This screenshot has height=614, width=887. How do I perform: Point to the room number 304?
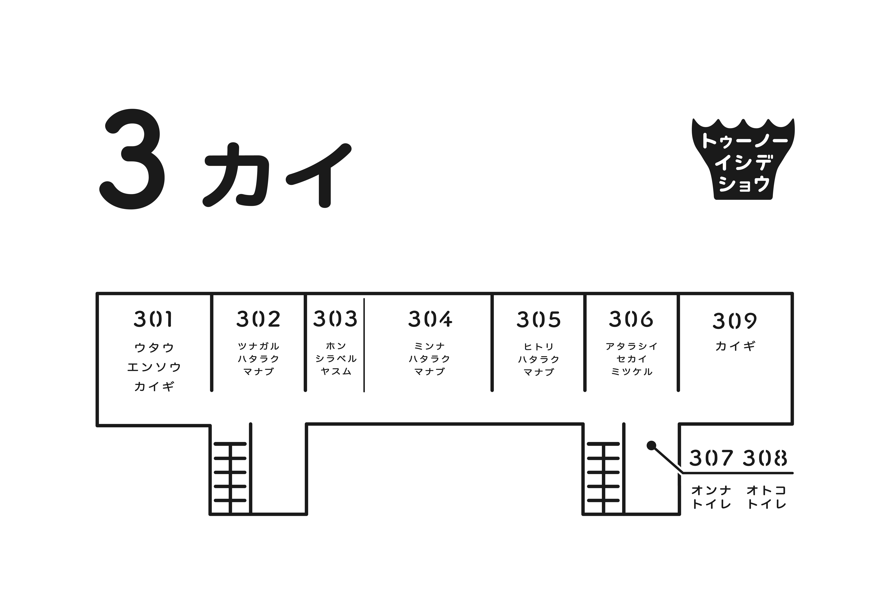point(430,319)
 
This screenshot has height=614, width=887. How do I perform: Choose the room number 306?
point(631,319)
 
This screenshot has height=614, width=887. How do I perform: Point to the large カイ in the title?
point(277,175)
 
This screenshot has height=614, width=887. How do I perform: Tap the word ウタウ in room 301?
point(154,348)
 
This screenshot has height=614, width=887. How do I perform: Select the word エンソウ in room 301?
point(154,367)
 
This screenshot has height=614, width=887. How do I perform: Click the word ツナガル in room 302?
point(258,346)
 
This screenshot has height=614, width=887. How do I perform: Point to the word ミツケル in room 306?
point(632,372)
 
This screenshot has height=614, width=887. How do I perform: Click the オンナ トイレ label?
point(711,497)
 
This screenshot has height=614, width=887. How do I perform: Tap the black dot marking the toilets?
point(651,446)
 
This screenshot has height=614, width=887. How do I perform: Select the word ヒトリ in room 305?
point(539,347)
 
